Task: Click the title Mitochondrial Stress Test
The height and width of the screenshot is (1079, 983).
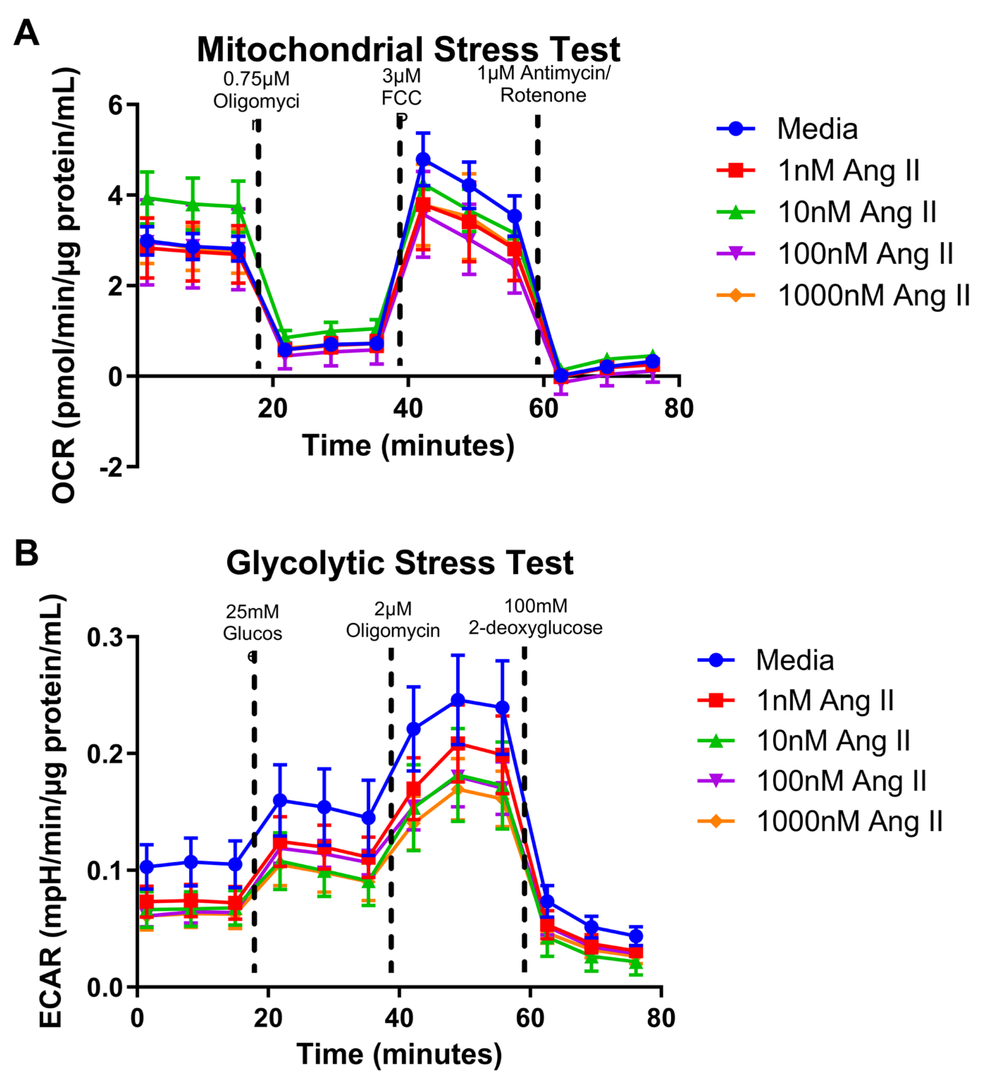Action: tap(408, 50)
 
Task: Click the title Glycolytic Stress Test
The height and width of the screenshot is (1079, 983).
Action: tap(400, 563)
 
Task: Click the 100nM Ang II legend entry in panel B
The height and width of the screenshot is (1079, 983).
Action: tap(841, 781)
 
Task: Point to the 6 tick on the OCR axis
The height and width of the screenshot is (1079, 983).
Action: tap(116, 105)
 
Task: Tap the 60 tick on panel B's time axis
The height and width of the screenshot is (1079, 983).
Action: tap(530, 1018)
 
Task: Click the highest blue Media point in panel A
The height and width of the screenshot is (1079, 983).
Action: tap(423, 159)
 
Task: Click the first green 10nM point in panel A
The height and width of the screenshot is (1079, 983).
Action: tap(147, 199)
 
